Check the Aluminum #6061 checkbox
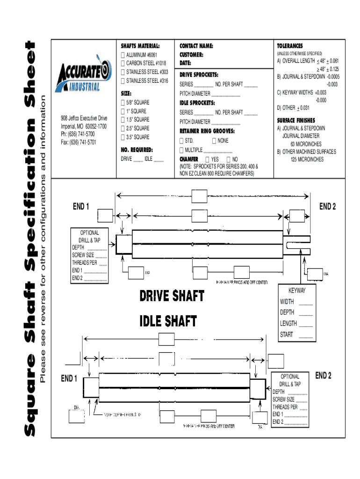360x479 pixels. [x=123, y=55]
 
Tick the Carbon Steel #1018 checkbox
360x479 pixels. [x=123, y=64]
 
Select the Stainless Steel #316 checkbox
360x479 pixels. [x=123, y=81]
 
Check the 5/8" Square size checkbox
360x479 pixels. [x=123, y=102]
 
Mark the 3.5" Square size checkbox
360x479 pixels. [x=123, y=137]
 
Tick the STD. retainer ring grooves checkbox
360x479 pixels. [x=182, y=140]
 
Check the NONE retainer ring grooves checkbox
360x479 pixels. [x=214, y=140]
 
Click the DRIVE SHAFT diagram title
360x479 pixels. [x=172, y=296]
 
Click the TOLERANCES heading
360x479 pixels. [x=290, y=46]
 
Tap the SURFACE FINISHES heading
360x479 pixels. [x=296, y=120]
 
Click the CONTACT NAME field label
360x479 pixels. [x=196, y=46]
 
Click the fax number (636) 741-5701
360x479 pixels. [x=79, y=142]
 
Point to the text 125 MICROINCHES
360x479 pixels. [x=307, y=160]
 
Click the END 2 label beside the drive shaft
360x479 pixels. [x=327, y=206]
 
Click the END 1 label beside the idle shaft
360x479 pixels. [x=69, y=378]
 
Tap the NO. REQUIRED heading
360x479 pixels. [x=137, y=150]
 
